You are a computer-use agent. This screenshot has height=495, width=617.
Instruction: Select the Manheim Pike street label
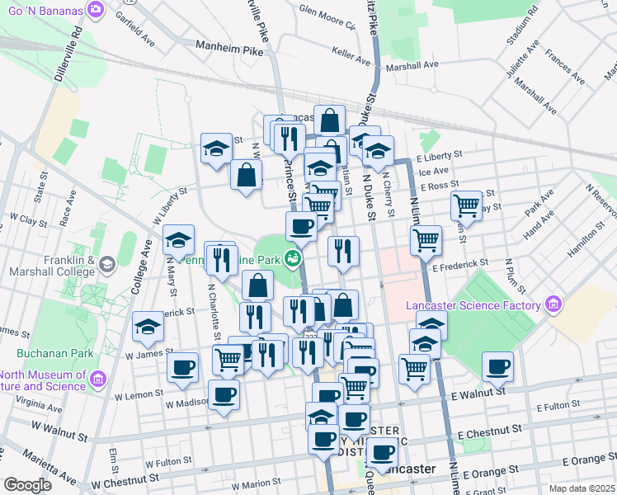pyautogui.click(x=230, y=50)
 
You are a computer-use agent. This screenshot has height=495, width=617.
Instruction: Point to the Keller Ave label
pyautogui.click(x=351, y=54)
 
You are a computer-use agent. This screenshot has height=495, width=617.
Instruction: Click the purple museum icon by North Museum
pyautogui.click(x=100, y=379)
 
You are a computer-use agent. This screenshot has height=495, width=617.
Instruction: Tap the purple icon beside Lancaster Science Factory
pyautogui.click(x=553, y=306)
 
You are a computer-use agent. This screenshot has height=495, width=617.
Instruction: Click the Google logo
pyautogui.click(x=27, y=485)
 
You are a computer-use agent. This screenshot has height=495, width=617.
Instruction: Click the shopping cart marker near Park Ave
pyautogui.click(x=467, y=206)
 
